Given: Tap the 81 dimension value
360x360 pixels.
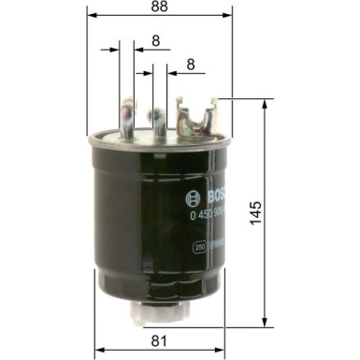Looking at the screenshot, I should [x=159, y=342].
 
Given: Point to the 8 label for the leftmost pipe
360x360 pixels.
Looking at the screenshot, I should [x=154, y=42].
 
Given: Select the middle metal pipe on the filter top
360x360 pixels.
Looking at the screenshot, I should [x=159, y=120].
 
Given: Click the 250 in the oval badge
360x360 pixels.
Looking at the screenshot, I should [x=200, y=247].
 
